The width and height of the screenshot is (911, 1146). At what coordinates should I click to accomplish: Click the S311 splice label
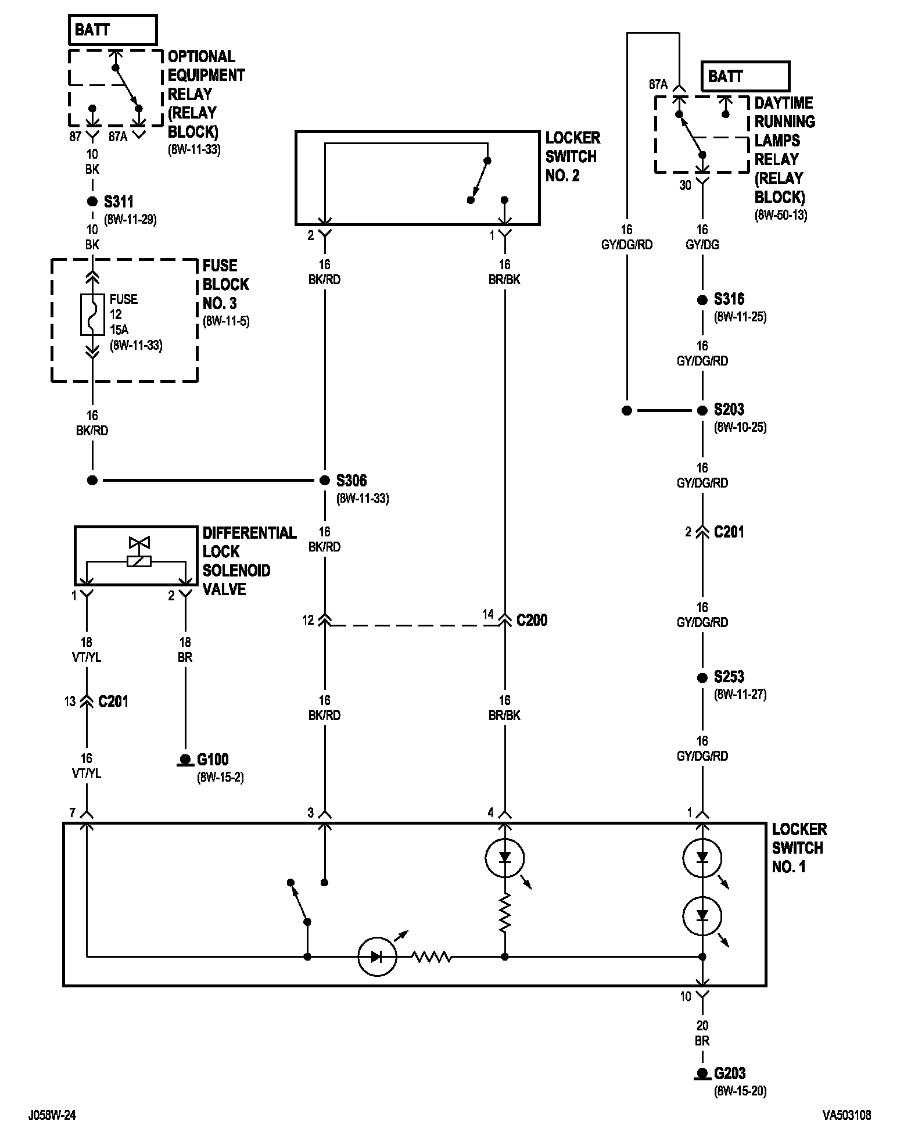pyautogui.click(x=119, y=202)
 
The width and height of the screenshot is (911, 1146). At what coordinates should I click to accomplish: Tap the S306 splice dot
pyautogui.click(x=325, y=481)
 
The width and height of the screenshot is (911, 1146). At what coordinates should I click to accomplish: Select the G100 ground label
pyautogui.click(x=213, y=760)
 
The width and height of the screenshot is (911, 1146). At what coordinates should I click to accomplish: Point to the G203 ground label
pyautogui.click(x=730, y=1073)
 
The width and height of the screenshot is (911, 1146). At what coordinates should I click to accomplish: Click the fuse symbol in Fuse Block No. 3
pyautogui.click(x=92, y=314)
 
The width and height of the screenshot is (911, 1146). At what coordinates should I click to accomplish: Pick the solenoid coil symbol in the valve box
pyautogui.click(x=139, y=561)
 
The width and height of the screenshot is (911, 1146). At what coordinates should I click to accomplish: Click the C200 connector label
pyautogui.click(x=532, y=620)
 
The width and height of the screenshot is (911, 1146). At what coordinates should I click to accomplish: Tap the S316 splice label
pyautogui.click(x=729, y=299)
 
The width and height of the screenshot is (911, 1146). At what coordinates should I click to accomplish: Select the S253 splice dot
pyautogui.click(x=702, y=678)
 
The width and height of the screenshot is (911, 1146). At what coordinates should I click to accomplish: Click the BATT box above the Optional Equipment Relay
pyautogui.click(x=113, y=30)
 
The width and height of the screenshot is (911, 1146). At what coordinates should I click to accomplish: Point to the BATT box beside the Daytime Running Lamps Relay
pyautogui.click(x=745, y=76)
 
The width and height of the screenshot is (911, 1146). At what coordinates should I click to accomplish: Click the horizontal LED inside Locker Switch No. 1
pyautogui.click(x=376, y=957)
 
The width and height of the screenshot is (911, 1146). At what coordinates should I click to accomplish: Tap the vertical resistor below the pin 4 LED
pyautogui.click(x=505, y=912)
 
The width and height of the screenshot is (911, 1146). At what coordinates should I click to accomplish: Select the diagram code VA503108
pyautogui.click(x=846, y=1115)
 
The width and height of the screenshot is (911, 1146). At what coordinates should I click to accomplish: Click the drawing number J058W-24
pyautogui.click(x=52, y=1115)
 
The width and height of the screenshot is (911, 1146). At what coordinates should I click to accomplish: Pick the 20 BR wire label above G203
pyautogui.click(x=702, y=1033)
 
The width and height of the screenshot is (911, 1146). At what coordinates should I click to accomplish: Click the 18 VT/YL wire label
pyautogui.click(x=87, y=650)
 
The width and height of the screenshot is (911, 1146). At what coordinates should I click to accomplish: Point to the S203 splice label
pyautogui.click(x=729, y=409)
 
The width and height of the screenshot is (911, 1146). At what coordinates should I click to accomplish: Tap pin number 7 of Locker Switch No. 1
pyautogui.click(x=73, y=812)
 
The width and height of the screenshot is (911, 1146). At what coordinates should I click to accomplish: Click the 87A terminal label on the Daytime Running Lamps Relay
pyautogui.click(x=658, y=84)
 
